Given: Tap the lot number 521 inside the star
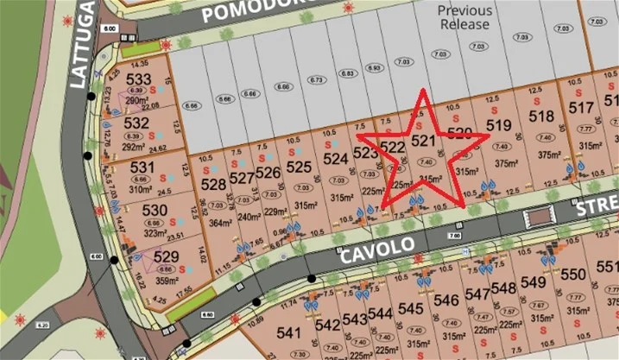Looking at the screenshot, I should click(421, 141).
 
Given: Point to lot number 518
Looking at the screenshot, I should click(540, 117).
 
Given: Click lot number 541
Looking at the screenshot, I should click(288, 332).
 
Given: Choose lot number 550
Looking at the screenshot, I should click(573, 275).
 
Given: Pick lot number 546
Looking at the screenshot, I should click(445, 300).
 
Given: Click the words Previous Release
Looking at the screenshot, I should click(465, 18).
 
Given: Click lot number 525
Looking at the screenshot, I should click(298, 166).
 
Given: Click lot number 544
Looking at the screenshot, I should click(379, 313).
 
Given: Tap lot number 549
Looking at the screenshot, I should click(533, 282).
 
